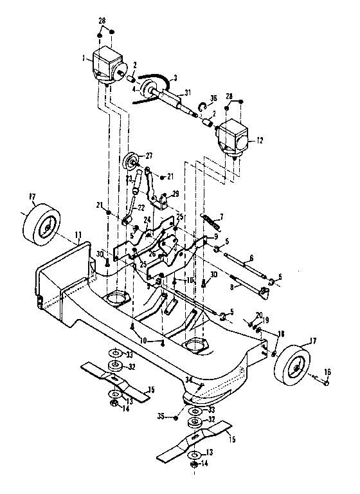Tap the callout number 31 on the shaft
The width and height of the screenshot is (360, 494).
coord(188,92)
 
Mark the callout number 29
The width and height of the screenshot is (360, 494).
coord(176,194)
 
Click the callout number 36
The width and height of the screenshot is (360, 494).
coord(214,98)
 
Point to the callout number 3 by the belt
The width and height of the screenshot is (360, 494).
coord(174,77)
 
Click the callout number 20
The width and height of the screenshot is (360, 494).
coord(257,315)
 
